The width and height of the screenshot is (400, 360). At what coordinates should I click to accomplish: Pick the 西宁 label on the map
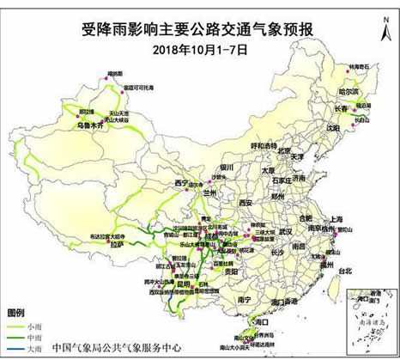179,183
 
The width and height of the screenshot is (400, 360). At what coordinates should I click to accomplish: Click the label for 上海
335,219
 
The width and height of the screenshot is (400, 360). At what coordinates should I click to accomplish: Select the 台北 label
344,271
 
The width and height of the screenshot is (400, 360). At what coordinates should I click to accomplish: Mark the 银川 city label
226,167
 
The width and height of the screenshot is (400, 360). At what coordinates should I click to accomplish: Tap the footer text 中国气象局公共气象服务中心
116,349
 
